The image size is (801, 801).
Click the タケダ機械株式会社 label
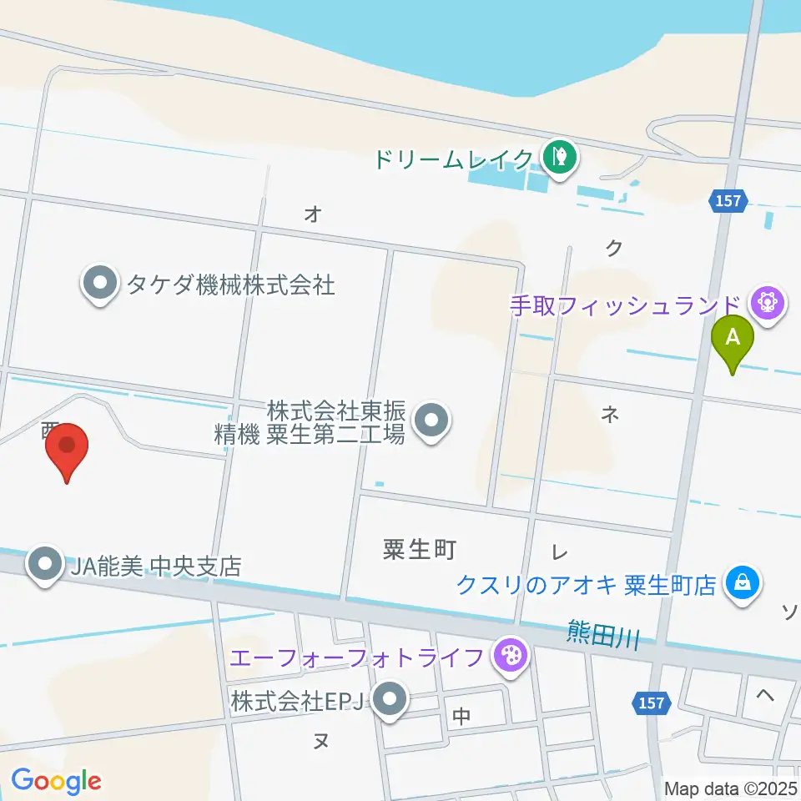coord(230,285)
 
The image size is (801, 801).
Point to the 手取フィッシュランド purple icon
coord(768,302)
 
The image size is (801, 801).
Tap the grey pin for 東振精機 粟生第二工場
coord(431,421)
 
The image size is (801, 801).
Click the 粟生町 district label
coord(420,550)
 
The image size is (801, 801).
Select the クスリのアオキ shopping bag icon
coord(742,583)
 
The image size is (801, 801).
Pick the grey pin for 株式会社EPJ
coord(389,701)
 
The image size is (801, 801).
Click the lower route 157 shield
coord(652,703)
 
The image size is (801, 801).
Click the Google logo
coord(56,781)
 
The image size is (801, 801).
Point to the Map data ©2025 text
coord(729,788)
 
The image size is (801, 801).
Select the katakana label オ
coord(313,214)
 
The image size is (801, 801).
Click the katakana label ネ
coord(610,411)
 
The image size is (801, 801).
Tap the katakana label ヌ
coord(320,741)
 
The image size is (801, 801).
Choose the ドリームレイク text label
coord(453,159)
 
